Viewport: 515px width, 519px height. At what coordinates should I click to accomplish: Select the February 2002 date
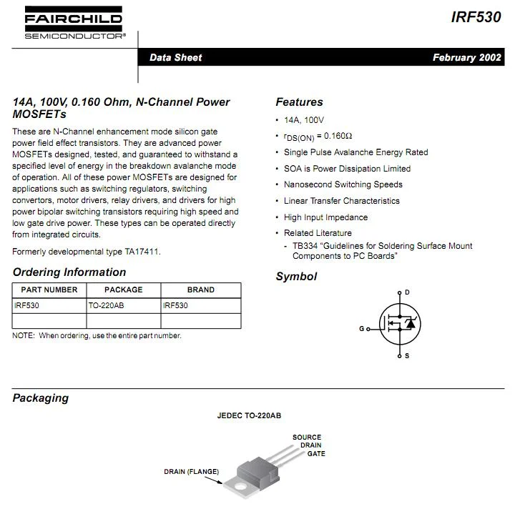(466, 58)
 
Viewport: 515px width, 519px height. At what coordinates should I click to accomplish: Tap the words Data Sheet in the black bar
(175, 58)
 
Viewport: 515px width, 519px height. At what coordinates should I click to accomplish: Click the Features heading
(299, 102)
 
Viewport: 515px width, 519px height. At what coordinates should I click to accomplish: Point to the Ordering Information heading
(69, 272)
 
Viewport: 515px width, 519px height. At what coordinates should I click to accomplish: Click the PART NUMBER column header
(49, 290)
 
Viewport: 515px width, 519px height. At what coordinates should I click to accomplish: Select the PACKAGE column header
(123, 290)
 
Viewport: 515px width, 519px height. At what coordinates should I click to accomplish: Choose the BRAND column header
(200, 290)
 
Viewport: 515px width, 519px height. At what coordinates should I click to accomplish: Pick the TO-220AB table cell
(106, 305)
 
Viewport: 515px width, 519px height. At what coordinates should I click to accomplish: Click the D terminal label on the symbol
(407, 292)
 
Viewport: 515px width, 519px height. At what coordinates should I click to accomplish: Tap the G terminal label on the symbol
(362, 329)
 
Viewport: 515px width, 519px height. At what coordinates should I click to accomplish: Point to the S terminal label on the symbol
(407, 355)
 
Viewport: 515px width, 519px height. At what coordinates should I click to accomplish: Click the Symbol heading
(296, 277)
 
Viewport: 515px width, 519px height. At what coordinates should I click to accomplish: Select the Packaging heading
(41, 398)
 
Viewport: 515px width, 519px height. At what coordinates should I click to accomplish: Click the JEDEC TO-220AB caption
(250, 415)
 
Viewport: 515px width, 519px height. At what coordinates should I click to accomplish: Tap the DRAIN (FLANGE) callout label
(191, 472)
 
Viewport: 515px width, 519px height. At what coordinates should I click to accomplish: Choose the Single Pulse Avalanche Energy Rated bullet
(355, 152)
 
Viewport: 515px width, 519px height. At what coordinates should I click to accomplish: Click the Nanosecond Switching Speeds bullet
(343, 184)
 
